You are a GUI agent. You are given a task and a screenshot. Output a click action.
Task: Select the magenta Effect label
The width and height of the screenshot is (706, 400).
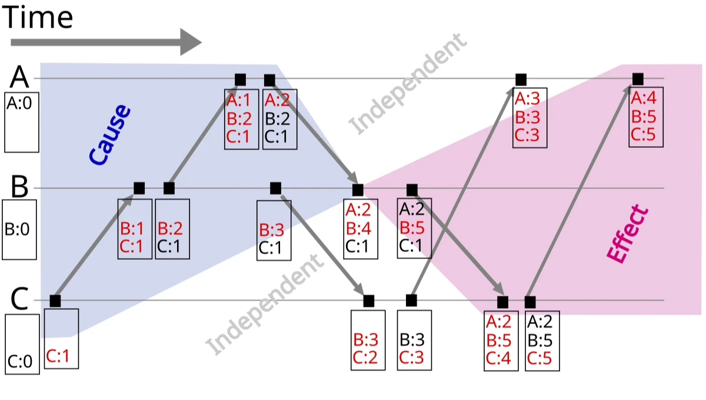tap(627, 234)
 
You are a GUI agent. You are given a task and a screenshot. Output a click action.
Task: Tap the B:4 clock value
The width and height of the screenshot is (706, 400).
tap(358, 227)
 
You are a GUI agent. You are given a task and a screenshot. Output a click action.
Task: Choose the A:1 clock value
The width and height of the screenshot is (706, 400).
tap(239, 99)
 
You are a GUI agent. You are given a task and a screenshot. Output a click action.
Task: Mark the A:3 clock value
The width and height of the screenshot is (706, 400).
tap(528, 97)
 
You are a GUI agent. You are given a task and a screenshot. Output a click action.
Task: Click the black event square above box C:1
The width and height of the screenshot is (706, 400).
tap(55, 301)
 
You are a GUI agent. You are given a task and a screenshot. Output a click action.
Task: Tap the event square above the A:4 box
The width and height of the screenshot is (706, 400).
tap(638, 79)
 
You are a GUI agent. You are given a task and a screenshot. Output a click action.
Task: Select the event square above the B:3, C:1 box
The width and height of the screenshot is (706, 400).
tap(275, 189)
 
